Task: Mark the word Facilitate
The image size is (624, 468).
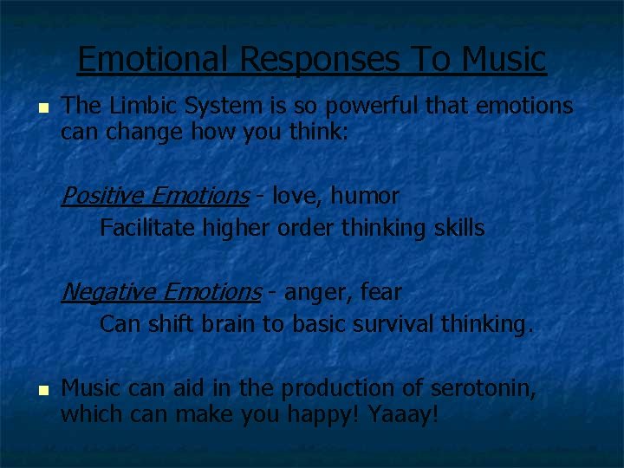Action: (x=147, y=229)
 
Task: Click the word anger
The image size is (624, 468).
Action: (x=315, y=293)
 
